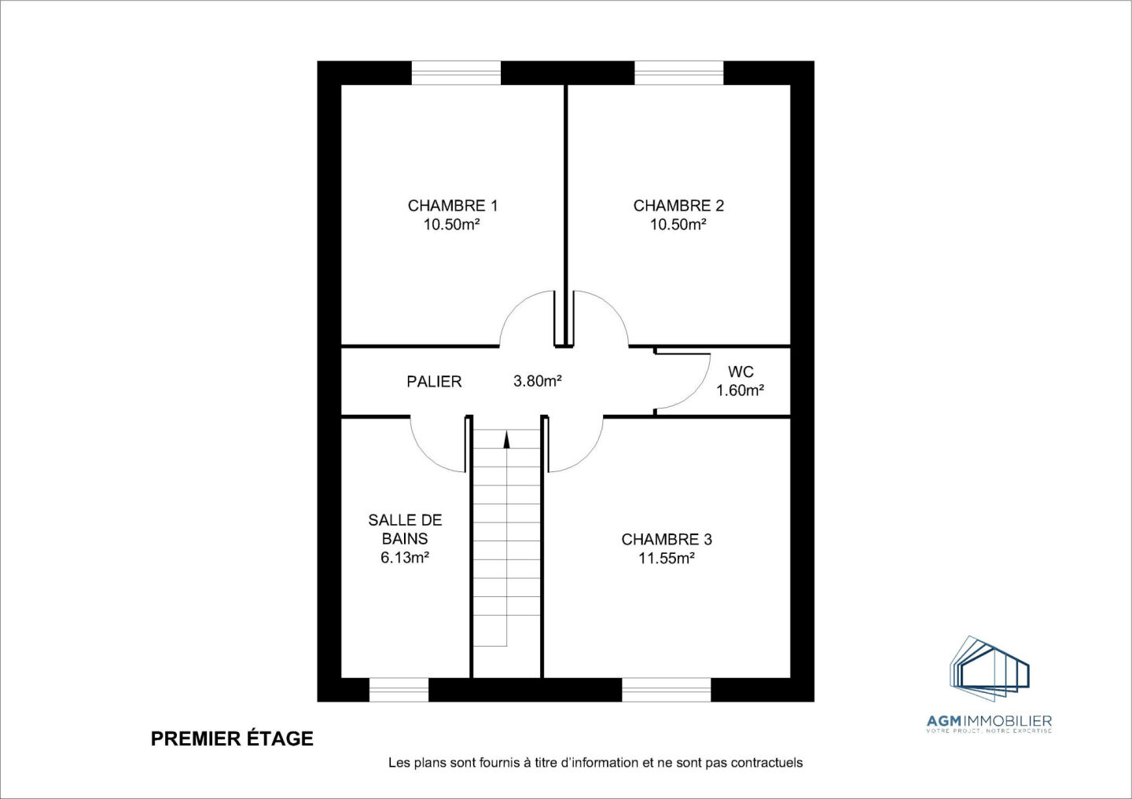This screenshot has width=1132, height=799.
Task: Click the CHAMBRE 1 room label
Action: pyautogui.click(x=452, y=206)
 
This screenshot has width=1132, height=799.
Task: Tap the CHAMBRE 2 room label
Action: pyautogui.click(x=678, y=206)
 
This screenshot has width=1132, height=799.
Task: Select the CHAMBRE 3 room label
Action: pyautogui.click(x=667, y=540)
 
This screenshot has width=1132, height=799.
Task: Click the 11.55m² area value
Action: pyautogui.click(x=667, y=559)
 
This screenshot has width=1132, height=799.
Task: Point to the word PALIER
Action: pyautogui.click(x=434, y=382)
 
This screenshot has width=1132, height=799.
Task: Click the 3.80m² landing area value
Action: pyautogui.click(x=538, y=381)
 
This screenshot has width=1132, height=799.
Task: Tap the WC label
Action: pyautogui.click(x=741, y=372)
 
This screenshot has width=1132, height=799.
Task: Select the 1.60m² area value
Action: pyautogui.click(x=741, y=390)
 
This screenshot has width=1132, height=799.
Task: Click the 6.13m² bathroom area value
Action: pyautogui.click(x=405, y=558)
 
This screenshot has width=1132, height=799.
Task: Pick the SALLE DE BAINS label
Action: pyautogui.click(x=405, y=529)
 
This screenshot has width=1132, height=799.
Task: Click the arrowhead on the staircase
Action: pyautogui.click(x=506, y=439)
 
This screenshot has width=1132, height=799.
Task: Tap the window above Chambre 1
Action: pyautogui.click(x=456, y=73)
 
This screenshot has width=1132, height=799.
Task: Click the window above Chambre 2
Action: pyautogui.click(x=678, y=73)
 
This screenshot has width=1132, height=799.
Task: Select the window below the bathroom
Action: pyautogui.click(x=399, y=690)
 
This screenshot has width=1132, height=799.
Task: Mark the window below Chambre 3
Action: pyautogui.click(x=666, y=690)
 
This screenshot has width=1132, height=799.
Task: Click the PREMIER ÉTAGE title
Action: pyautogui.click(x=232, y=739)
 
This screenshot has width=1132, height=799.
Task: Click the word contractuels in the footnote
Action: pyautogui.click(x=766, y=763)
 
